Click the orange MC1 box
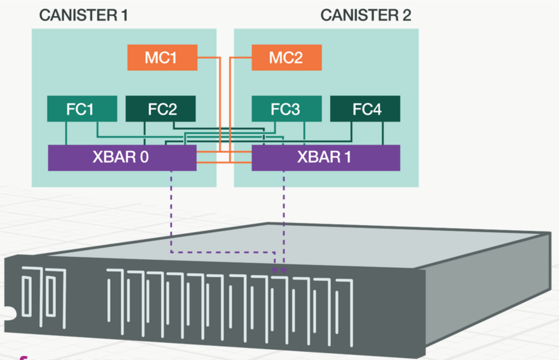click(x=162, y=57)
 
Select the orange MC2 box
click(x=286, y=57)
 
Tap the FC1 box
click(x=82, y=109)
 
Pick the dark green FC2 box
click(x=160, y=109)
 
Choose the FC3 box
click(x=286, y=109)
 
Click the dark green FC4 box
click(x=365, y=109)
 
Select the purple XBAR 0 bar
click(x=122, y=158)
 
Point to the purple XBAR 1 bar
click(x=326, y=158)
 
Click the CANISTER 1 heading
click(x=84, y=15)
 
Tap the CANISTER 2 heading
click(x=366, y=15)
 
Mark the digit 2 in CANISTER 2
click(x=407, y=15)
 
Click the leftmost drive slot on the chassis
click(x=27, y=296)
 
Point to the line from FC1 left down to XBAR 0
click(x=66, y=133)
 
